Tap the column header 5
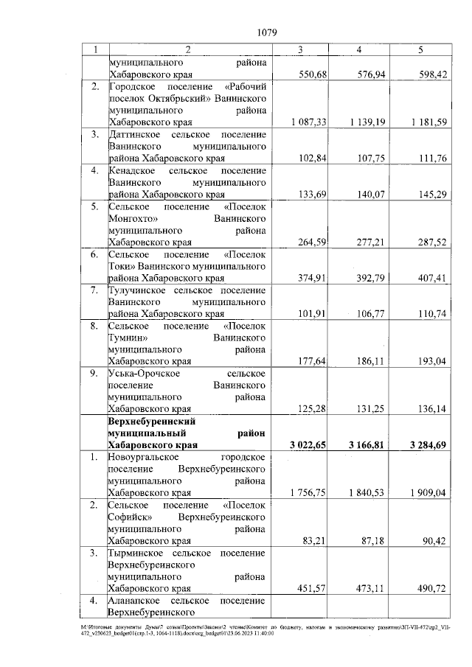pos(420,49)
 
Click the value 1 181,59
pos(424,122)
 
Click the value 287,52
pos(431,241)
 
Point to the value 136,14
pos(431,408)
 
